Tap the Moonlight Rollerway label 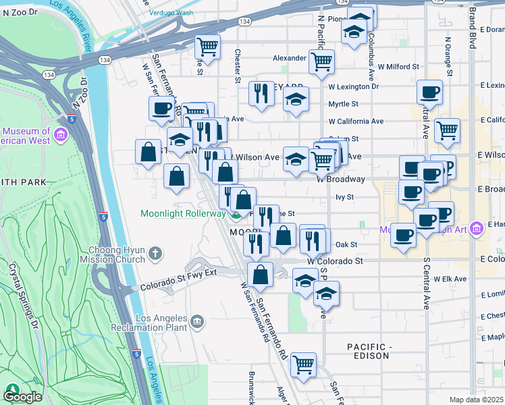coord(182,214)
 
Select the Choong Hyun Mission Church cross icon coord(155,254)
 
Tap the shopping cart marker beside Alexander coord(321,61)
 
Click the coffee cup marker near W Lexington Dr coord(429,92)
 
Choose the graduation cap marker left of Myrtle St coord(295,100)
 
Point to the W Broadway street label coord(340,180)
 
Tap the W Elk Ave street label coord(450,278)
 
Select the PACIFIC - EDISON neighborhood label coord(369,351)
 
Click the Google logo coord(22,396)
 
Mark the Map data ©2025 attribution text coord(477,400)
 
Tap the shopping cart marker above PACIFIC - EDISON coord(304,364)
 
